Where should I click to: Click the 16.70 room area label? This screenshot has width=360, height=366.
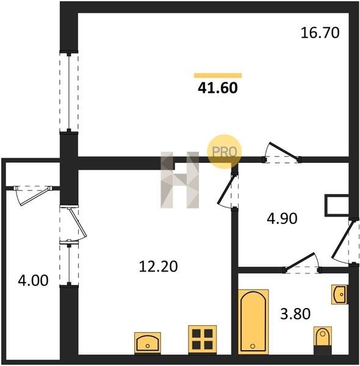point(320,33)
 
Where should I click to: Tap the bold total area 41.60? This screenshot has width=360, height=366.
point(218,88)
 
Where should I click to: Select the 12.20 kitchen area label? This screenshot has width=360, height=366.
point(158,267)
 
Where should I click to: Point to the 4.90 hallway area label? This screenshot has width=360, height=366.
point(282,219)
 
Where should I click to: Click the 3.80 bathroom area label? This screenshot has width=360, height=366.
point(295,314)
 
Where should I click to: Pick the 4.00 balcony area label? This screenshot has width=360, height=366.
point(33,281)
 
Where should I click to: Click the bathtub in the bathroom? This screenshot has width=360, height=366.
point(253,321)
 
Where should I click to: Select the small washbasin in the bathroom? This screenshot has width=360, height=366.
point(339,295)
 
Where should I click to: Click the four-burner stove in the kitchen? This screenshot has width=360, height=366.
point(203,339)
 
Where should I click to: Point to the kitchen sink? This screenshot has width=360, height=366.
point(148,343)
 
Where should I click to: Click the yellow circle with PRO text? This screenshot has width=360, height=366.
point(225,151)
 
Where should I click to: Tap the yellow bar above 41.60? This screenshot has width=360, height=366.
point(218,76)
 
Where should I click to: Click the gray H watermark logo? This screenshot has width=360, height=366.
point(180,180)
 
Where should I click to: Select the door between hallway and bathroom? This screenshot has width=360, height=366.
point(302,263)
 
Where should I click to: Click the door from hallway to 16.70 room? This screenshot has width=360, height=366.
point(282,153)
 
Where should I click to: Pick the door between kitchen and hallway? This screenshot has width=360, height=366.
point(228,190)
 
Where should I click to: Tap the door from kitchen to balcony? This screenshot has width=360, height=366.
point(73,223)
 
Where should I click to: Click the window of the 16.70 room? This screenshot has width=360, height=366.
point(68,91)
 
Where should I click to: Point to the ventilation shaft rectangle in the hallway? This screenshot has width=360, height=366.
point(337,205)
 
